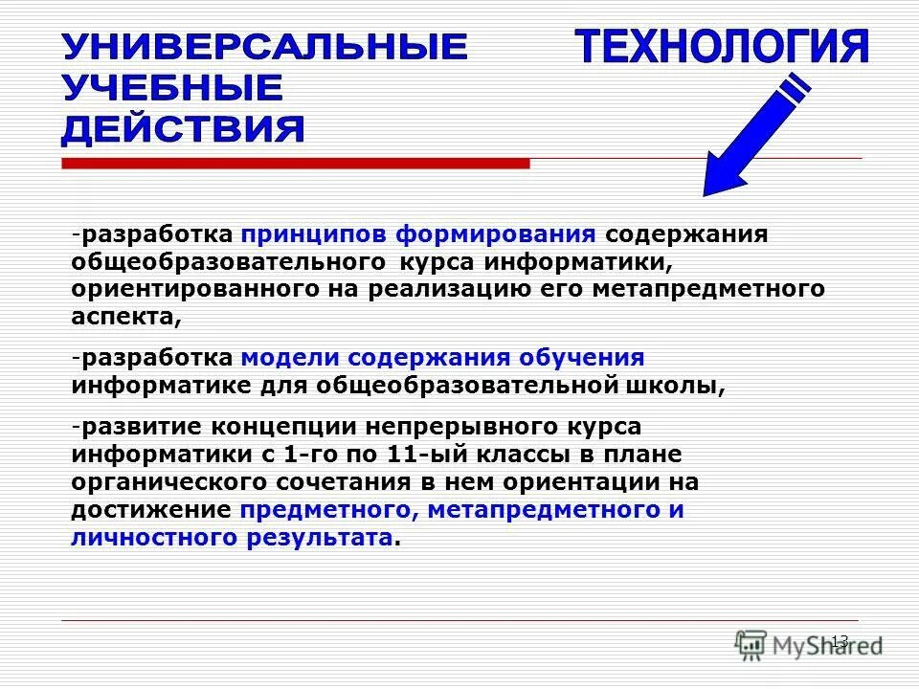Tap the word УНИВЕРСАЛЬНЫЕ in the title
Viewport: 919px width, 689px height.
point(265,47)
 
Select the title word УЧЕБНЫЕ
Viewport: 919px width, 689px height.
point(173,88)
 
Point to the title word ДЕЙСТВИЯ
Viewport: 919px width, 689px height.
point(184,129)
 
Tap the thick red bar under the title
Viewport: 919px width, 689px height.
point(295,164)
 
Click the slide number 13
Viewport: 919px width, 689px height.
point(840,640)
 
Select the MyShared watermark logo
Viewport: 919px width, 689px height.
point(809,643)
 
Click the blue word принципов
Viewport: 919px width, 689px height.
point(314,234)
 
